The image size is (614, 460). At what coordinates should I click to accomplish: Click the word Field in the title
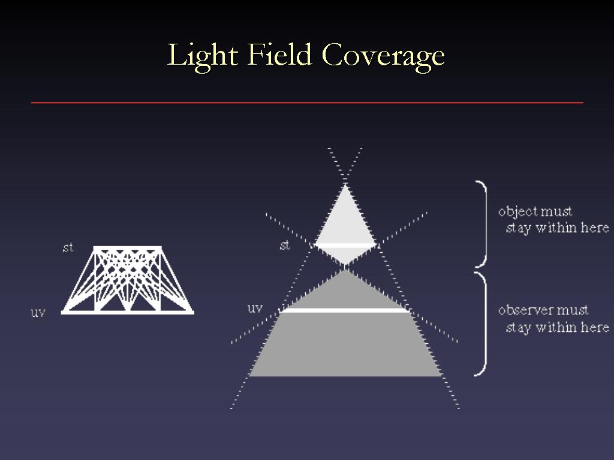279,54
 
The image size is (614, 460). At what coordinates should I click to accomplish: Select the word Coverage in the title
383,57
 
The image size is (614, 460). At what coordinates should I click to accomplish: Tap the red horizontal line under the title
307,103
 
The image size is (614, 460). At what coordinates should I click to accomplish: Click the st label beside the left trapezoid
68,247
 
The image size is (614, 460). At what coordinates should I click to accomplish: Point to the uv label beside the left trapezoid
38,313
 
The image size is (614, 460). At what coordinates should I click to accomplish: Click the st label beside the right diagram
285,245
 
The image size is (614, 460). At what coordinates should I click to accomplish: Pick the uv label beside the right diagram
254,308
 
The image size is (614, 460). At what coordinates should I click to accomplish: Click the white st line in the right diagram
345,245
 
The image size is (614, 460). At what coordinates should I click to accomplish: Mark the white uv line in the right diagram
345,310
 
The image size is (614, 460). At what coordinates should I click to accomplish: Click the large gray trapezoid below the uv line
345,344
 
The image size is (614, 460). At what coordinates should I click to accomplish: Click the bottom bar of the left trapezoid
127,312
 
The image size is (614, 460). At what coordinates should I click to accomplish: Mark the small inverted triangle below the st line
345,255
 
